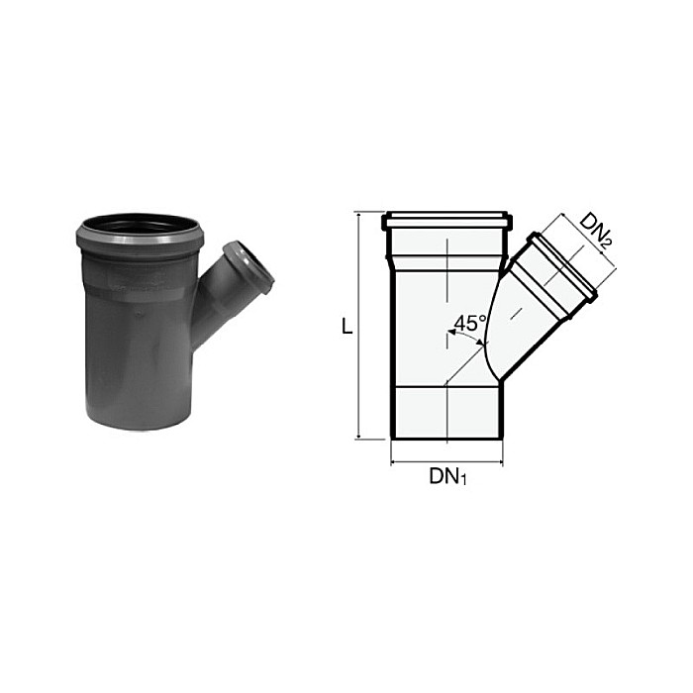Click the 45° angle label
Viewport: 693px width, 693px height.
coord(469,324)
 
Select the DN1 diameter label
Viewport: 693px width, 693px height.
coord(447,476)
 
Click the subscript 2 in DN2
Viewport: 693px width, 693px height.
coord(608,238)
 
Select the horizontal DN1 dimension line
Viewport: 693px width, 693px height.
coord(447,461)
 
